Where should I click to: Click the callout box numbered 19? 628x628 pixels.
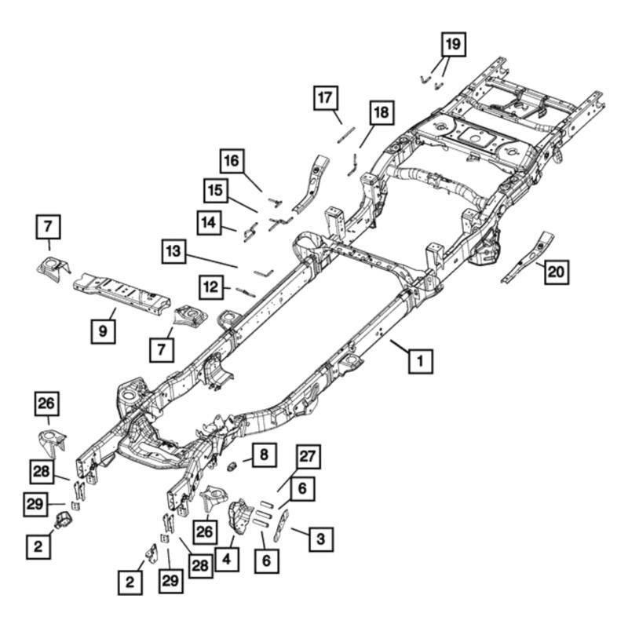point(454,44)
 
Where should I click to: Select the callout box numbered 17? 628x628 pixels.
point(325,97)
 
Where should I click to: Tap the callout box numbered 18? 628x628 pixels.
point(382,112)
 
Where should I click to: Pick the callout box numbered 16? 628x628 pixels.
point(232,161)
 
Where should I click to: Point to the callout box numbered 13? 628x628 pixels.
point(173,251)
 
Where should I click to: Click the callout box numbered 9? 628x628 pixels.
point(104,330)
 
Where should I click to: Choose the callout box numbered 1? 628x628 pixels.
point(420,361)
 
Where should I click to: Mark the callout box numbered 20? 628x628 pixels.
point(557,272)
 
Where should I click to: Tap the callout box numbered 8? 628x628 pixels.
point(264,455)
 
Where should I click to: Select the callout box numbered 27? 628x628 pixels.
point(308,457)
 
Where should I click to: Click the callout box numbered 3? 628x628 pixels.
point(321,539)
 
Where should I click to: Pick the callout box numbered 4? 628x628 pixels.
point(227,559)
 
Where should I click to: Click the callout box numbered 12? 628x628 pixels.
point(211,287)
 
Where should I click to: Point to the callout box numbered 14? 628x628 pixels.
point(209,223)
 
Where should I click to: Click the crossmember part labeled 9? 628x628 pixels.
point(122,293)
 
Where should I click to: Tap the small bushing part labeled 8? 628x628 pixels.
point(232,466)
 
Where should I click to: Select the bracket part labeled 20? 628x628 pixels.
point(528,257)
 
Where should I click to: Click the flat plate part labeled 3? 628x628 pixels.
point(282,524)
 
